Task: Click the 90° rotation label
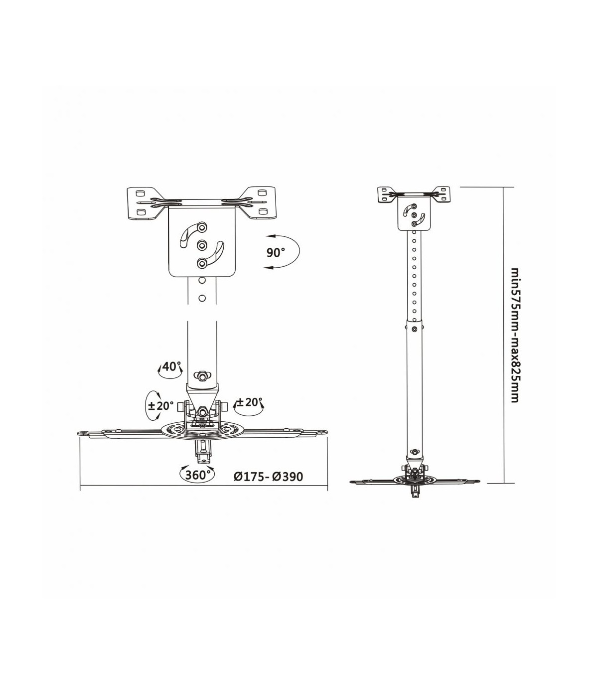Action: point(276,253)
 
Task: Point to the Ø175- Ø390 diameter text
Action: point(268,476)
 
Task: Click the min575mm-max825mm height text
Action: point(515,335)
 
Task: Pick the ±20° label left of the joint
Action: point(160,406)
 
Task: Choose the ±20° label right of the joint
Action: point(248,402)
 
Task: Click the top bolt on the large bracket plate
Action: point(201,227)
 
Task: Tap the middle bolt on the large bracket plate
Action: point(201,246)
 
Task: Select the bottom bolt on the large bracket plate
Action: point(201,264)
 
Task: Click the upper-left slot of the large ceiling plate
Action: point(140,193)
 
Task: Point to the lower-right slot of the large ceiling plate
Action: point(263,211)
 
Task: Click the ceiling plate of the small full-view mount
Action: point(414,194)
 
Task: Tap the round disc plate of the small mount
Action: point(414,481)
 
